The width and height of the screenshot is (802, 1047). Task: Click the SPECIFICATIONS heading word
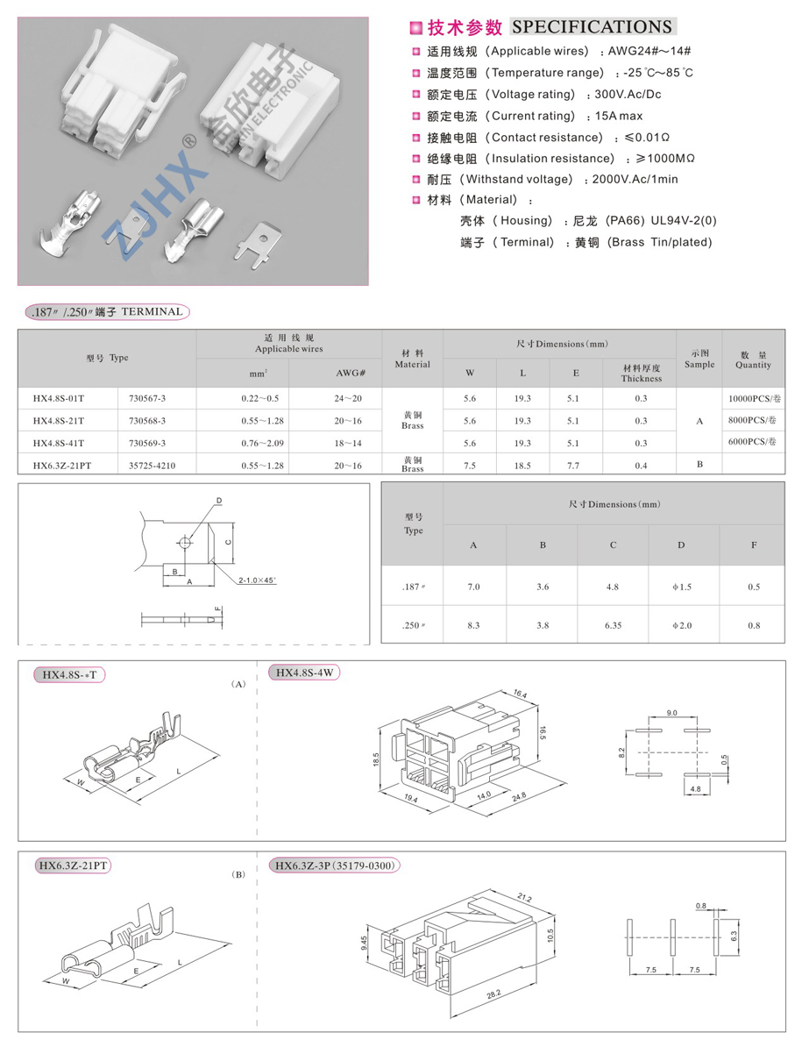tap(592, 27)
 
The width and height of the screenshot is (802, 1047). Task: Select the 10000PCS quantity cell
tap(752, 399)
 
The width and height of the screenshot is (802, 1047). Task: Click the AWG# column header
tap(351, 373)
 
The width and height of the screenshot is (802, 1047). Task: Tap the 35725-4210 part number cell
tap(152, 466)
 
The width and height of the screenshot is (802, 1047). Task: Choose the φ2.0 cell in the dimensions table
tap(681, 625)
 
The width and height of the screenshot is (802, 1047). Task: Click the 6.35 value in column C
tap(612, 625)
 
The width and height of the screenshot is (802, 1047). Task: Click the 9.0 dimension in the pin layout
tap(671, 713)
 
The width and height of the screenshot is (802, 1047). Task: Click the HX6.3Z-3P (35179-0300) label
tap(337, 866)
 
